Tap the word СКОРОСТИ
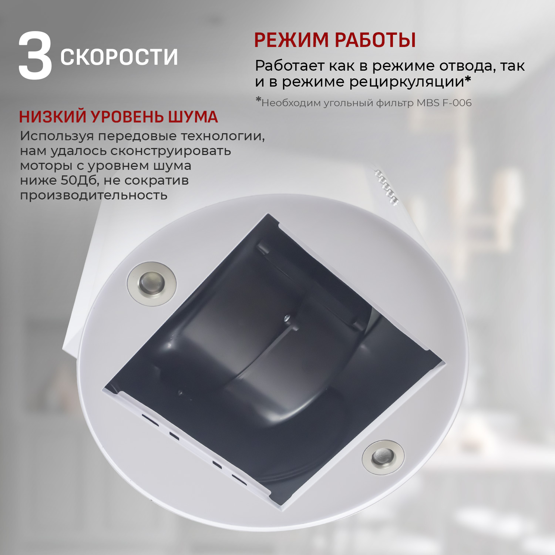tap(119, 57)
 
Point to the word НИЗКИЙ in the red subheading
tap(53, 117)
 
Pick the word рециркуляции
tap(409, 82)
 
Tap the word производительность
tap(94, 195)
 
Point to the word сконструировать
tap(171, 151)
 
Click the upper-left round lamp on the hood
tap(152, 284)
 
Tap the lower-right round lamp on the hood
tap(383, 457)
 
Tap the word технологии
tap(223, 136)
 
